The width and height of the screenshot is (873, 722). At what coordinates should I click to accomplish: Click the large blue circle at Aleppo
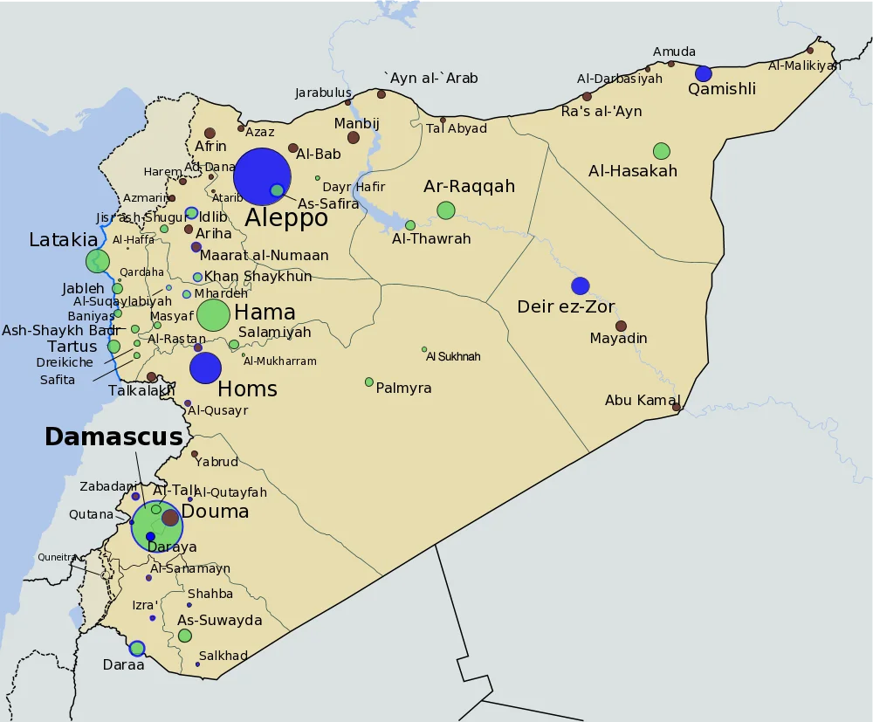point(262,176)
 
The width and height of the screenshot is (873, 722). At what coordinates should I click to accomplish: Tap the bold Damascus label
point(113,437)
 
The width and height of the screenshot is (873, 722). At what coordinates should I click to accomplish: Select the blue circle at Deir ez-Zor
point(581,285)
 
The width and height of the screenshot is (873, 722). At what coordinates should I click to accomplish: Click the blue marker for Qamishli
point(704,74)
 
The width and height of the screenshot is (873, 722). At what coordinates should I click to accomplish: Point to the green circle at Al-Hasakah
point(662,151)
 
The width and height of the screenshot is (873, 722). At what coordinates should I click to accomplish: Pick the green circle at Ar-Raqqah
point(446,210)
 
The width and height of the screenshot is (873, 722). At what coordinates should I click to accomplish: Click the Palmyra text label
point(403,388)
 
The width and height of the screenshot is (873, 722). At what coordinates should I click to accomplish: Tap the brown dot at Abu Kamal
point(677,407)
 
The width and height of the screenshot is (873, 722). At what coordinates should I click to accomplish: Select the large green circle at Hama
point(213,315)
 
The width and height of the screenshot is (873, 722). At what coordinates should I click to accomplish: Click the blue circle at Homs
point(206,368)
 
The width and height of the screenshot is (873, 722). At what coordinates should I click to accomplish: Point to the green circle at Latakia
point(98,260)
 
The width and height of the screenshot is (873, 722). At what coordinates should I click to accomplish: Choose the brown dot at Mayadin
point(621,327)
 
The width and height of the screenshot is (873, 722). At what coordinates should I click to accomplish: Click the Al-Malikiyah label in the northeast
point(804,65)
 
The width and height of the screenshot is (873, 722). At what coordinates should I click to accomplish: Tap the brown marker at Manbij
point(354,137)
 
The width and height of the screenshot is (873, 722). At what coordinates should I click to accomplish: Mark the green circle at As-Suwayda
point(185,636)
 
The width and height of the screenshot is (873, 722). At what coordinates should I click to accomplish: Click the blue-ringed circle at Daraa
point(137,648)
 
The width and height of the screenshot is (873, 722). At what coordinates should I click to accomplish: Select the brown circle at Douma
point(170,517)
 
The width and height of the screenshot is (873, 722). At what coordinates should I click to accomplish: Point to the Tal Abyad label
point(457,129)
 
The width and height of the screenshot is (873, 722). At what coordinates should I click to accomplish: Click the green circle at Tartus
point(113,347)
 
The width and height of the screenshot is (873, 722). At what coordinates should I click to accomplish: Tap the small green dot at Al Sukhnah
point(424,349)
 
